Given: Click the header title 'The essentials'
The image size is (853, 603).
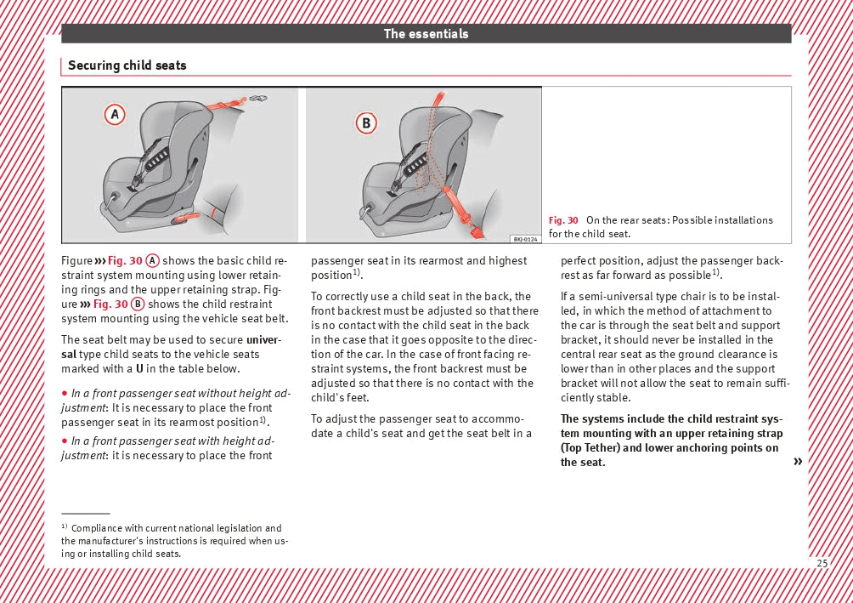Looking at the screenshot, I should tap(426, 34).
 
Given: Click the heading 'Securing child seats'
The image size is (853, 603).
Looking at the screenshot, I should tap(127, 65).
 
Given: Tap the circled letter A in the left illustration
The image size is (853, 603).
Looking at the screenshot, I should tap(115, 115).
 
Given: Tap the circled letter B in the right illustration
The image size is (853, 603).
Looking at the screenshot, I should tap(366, 124).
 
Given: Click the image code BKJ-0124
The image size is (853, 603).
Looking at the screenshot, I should tap(525, 239).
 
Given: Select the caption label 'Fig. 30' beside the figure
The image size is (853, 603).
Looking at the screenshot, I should tap(563, 220).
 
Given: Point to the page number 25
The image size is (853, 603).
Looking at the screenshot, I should tap(822, 563).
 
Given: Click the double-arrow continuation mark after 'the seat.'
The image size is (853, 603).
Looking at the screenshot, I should tap(797, 462).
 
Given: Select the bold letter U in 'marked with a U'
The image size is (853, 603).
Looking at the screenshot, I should tap(138, 369).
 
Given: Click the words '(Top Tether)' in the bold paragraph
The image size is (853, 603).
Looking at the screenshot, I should tap(590, 448).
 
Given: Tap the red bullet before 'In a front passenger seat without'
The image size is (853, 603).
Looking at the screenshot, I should tap(65, 394).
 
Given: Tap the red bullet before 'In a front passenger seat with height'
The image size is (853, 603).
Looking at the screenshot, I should tap(65, 441).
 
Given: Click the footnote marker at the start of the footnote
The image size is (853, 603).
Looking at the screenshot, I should tap(65, 527).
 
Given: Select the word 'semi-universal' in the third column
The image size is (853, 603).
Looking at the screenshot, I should tap(610, 297).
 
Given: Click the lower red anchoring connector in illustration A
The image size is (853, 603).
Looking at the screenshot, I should tap(186, 219).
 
